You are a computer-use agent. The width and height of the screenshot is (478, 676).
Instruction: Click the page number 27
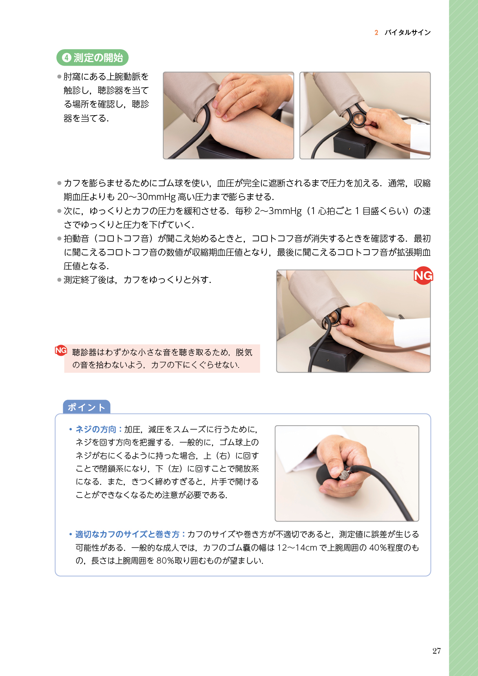pos(436,651)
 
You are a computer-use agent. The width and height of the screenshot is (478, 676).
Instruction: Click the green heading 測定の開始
pos(98,58)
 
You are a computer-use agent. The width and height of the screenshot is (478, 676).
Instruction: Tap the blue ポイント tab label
pos(86,407)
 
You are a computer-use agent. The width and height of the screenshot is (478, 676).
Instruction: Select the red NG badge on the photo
pos(423,276)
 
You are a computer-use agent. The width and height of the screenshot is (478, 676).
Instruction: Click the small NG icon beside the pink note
pos(61,350)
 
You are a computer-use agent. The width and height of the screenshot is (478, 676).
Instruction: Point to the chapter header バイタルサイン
pos(407,33)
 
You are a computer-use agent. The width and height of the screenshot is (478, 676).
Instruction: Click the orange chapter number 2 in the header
pos(376,33)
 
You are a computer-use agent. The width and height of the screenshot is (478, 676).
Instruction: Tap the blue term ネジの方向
pos(96,429)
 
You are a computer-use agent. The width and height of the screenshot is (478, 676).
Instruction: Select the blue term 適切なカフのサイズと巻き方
pos(127,534)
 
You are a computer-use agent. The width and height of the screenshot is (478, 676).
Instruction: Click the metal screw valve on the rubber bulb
pos(345,474)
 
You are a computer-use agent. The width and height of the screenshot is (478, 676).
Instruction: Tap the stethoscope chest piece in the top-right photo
pos(358,119)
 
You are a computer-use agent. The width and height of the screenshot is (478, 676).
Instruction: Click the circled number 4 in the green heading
pos(66,58)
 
